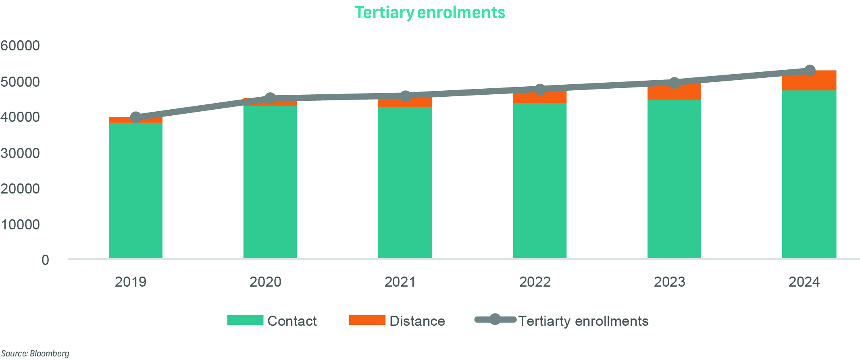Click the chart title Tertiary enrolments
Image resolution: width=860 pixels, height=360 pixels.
click(429, 12)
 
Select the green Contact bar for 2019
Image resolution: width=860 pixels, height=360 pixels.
click(135, 189)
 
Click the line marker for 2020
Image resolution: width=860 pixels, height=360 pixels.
click(270, 98)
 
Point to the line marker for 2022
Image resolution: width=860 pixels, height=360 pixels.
click(540, 89)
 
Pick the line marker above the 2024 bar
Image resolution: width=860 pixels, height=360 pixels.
click(810, 71)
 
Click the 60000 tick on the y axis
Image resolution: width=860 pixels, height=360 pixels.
click(20, 46)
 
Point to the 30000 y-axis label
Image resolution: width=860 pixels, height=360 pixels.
click(20, 153)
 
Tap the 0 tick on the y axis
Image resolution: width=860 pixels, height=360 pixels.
click(45, 260)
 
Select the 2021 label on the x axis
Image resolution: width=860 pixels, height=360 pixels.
click(400, 282)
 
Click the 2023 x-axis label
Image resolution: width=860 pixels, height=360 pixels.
click(669, 282)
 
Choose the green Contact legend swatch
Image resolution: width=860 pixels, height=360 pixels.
click(245, 320)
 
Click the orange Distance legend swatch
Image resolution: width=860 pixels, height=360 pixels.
click(367, 320)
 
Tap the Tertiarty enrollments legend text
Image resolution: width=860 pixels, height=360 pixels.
click(583, 321)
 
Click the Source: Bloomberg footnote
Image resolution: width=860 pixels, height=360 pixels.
click(35, 354)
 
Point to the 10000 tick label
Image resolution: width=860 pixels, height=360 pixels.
click(20, 225)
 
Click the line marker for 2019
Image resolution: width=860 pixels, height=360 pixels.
click(136, 117)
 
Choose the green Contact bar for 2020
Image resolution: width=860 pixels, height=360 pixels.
click(270, 181)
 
